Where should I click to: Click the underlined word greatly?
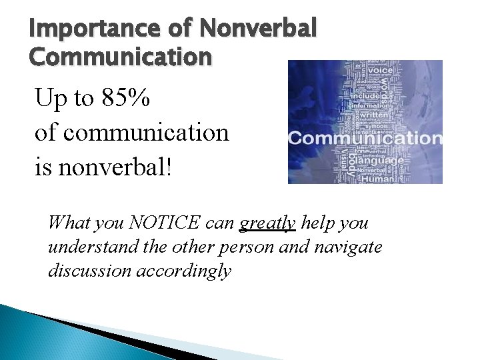267,223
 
